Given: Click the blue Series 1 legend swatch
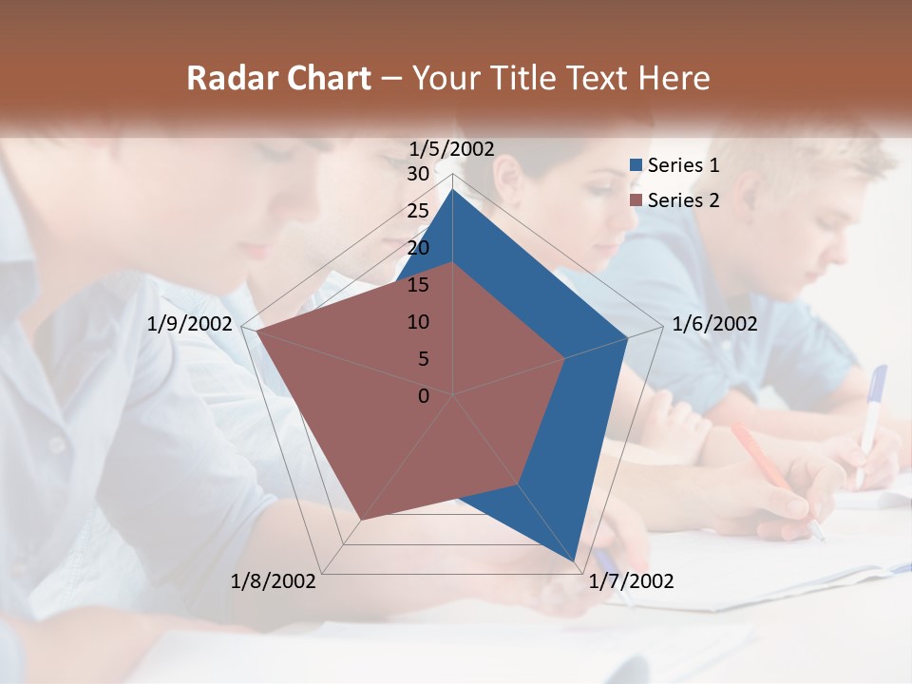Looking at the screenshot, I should click(636, 165).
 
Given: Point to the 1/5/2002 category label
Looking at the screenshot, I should click(452, 148).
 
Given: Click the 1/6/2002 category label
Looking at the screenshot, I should click(714, 324).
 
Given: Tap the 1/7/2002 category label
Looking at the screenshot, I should click(631, 581).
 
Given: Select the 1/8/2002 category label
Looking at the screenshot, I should click(274, 581).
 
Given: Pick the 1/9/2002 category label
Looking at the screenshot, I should click(190, 324).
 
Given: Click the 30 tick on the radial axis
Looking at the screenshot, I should click(418, 174).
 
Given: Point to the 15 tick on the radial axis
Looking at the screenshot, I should click(418, 285).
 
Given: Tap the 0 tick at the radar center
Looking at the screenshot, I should click(424, 396).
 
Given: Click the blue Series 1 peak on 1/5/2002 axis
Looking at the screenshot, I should click(453, 190).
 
